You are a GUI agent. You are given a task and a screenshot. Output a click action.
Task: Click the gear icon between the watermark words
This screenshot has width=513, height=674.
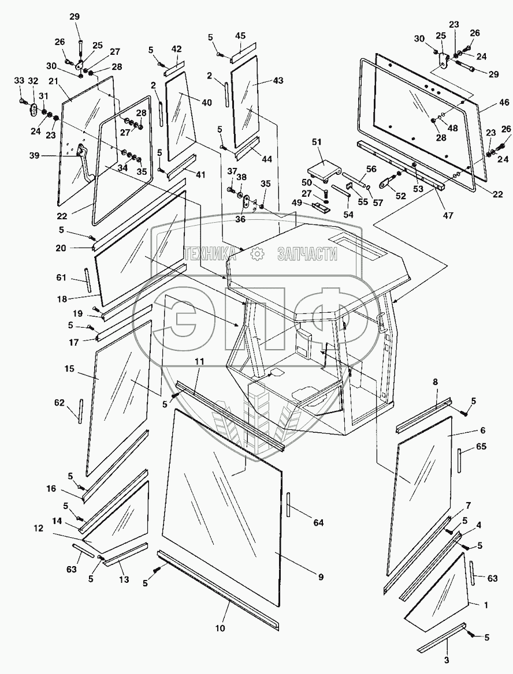(258, 253)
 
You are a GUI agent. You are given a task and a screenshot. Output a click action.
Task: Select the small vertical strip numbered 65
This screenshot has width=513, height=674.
(460, 460)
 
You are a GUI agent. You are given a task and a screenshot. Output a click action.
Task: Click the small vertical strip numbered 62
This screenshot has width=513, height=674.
(81, 411)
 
